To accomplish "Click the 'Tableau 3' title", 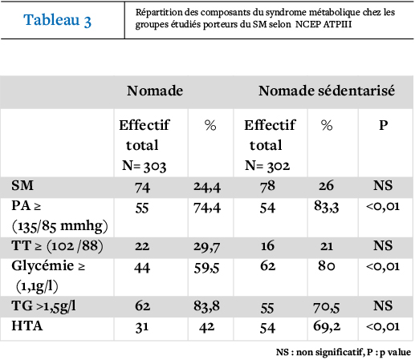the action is tap(58, 20).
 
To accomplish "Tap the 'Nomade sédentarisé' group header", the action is tap(327, 91).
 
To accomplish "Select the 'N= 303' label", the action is tap(144, 166).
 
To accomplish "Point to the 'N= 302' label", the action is tap(267, 166).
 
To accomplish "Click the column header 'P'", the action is tap(384, 125).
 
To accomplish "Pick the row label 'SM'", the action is tap(22, 185).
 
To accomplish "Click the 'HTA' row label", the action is tap(27, 326).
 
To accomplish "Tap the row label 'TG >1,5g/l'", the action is tap(43, 306).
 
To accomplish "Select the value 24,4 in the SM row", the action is tap(207, 187).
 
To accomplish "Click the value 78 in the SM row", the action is tap(267, 186).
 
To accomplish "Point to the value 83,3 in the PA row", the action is tap(327, 207).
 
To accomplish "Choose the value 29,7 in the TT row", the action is tap(207, 247).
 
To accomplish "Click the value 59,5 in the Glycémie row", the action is tap(206, 268).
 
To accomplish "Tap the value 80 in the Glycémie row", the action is tap(327, 266).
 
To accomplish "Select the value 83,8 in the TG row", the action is tap(206, 306).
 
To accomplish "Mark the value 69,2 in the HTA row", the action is tap(327, 326).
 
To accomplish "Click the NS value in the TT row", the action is tap(383, 245).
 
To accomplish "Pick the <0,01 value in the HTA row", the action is tap(383, 326).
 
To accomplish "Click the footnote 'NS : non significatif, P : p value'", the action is tap(344, 352).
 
